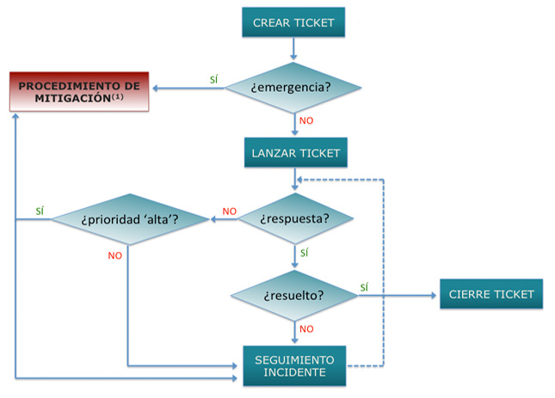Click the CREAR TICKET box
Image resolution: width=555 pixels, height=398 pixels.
point(293,23)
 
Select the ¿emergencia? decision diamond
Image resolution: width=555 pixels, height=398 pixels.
point(293,87)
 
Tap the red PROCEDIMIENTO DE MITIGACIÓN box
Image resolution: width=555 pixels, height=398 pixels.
point(79,92)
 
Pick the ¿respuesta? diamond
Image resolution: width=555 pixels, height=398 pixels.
point(293,219)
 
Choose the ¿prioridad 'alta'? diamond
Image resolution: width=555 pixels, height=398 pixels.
point(130,219)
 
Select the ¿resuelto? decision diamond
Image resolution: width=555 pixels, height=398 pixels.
point(293,295)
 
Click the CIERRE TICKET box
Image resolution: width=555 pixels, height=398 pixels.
point(491,294)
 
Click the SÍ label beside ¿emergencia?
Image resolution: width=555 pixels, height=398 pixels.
point(214,80)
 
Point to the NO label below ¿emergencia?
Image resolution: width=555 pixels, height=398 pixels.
point(306,120)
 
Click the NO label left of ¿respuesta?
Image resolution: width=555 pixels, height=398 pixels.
point(229,211)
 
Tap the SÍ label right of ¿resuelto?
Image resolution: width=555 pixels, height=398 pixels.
point(365,287)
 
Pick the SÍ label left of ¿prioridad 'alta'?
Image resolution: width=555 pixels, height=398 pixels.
point(40,211)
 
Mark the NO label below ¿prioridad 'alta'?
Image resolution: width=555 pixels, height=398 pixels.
point(115,255)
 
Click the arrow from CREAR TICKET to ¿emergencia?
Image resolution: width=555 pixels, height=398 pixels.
point(293,49)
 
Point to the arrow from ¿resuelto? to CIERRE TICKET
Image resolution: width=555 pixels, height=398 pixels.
point(396,295)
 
